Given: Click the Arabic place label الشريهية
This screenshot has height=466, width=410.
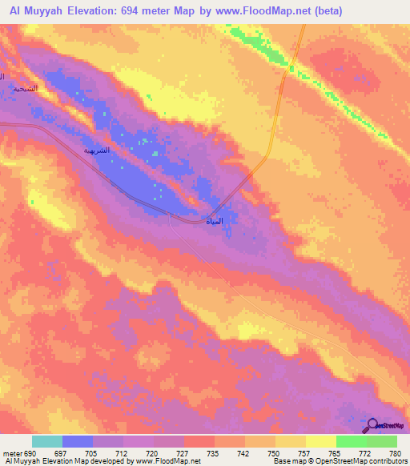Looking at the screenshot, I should [x=99, y=150].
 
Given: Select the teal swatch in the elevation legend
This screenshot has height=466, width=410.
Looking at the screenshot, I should [x=47, y=441].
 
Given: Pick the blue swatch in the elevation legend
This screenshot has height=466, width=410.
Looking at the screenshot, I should [x=78, y=441].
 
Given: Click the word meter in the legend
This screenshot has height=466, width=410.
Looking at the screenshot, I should [x=13, y=454].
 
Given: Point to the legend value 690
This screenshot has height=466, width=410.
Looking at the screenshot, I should [x=31, y=454].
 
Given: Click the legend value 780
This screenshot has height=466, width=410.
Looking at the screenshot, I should [x=395, y=454].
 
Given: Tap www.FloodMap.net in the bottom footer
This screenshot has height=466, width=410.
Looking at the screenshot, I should [x=167, y=462].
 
